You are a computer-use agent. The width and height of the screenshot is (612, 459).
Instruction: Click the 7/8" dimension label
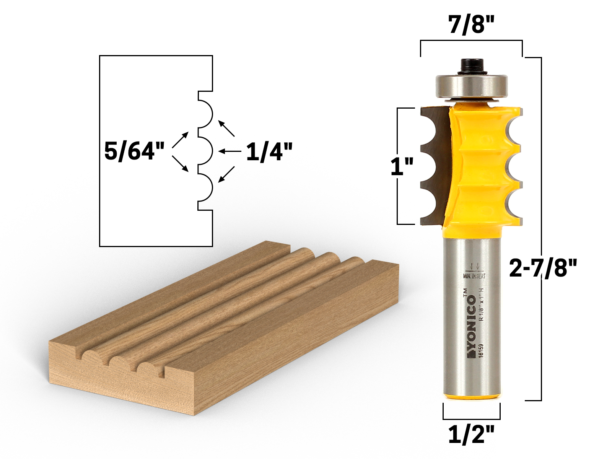click(x=471, y=25)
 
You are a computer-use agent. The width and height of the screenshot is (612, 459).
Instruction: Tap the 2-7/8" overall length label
click(x=542, y=267)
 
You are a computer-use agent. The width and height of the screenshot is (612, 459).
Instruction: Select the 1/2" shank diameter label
click(x=471, y=435)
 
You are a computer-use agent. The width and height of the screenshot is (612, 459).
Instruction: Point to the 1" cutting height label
click(x=402, y=166)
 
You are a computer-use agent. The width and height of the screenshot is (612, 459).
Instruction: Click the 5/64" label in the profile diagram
click(x=134, y=151)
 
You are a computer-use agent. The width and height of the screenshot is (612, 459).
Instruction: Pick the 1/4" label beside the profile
click(x=269, y=152)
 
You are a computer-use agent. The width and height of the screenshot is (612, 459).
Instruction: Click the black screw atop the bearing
click(x=471, y=66)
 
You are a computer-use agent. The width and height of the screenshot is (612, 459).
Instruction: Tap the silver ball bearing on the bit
click(x=472, y=86)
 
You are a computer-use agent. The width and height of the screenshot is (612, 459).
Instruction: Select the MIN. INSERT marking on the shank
click(x=474, y=276)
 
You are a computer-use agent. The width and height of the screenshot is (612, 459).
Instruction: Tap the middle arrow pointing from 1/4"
click(x=229, y=151)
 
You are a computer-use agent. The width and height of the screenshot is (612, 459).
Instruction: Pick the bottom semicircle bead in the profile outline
click(x=205, y=187)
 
